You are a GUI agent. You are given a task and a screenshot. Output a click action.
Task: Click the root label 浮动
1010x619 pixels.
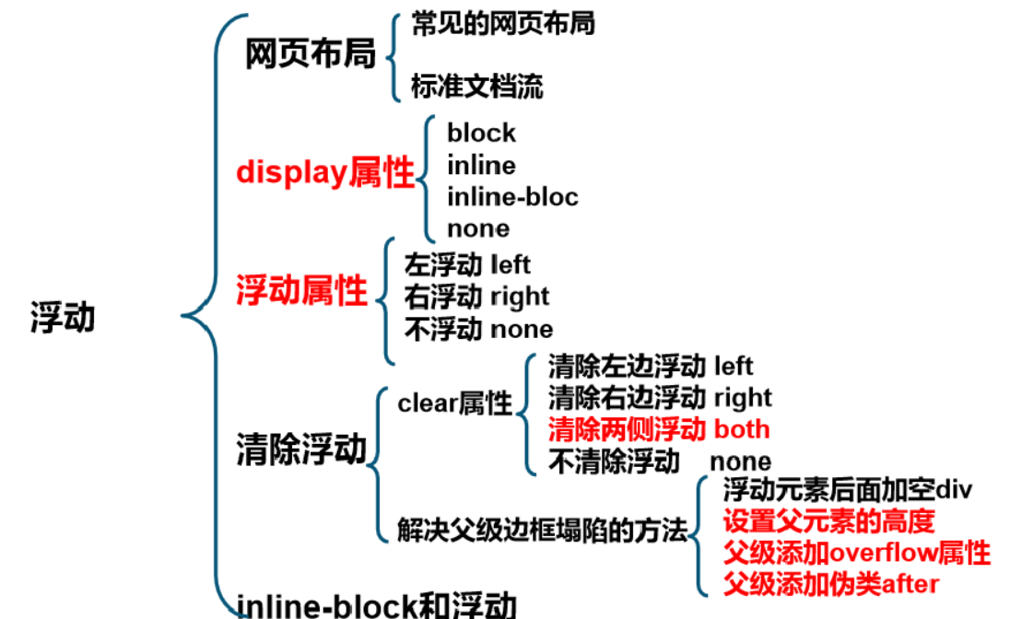pyautogui.click(x=63, y=319)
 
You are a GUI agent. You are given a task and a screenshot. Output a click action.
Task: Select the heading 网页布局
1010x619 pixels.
pyautogui.click(x=311, y=54)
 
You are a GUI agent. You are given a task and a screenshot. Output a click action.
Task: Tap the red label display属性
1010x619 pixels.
pyautogui.click(x=325, y=172)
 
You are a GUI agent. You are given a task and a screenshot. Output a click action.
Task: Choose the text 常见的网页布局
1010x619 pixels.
pyautogui.click(x=502, y=23)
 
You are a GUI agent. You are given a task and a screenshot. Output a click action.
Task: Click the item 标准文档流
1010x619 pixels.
pyautogui.click(x=476, y=87)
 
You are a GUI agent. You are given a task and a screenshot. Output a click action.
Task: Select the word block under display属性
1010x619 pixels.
pyautogui.click(x=481, y=133)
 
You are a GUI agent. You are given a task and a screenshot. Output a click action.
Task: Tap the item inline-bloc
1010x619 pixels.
pyautogui.click(x=512, y=196)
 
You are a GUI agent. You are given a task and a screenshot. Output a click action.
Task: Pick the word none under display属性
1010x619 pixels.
pyautogui.click(x=477, y=228)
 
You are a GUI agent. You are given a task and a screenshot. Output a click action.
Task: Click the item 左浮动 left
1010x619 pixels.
pyautogui.click(x=467, y=265)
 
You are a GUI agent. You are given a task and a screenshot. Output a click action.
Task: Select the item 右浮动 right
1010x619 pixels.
pyautogui.click(x=476, y=297)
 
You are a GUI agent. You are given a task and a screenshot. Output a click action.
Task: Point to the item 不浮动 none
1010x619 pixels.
pyautogui.click(x=478, y=329)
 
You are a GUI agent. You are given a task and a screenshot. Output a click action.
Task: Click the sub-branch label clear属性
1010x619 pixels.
pyautogui.click(x=454, y=403)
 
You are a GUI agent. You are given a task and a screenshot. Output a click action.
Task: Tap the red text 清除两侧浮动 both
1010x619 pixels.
pyautogui.click(x=658, y=429)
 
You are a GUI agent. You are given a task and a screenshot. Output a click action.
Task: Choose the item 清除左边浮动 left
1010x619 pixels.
pyautogui.click(x=650, y=367)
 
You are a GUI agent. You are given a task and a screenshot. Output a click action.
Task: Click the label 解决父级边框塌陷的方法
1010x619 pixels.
pyautogui.click(x=543, y=530)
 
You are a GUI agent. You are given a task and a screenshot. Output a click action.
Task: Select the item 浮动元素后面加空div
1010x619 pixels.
pyautogui.click(x=847, y=489)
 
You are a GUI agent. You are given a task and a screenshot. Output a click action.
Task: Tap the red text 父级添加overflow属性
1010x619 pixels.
pyautogui.click(x=856, y=553)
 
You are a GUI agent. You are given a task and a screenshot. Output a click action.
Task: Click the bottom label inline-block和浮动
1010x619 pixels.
pyautogui.click(x=376, y=604)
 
